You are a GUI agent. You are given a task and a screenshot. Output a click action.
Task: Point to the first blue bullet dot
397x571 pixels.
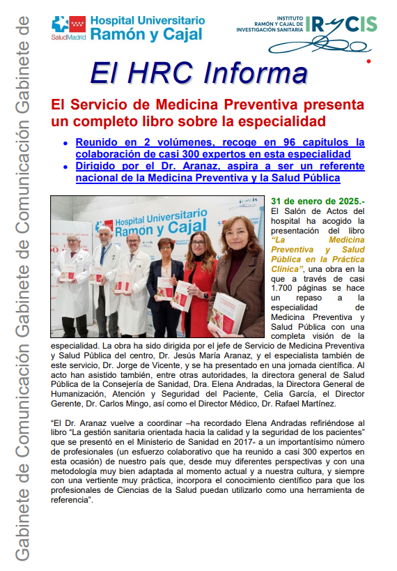tap(65, 143)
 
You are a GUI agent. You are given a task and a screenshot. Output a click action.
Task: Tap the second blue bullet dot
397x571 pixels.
tap(65, 167)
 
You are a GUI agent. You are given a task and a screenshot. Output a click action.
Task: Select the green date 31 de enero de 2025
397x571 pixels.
tap(317, 200)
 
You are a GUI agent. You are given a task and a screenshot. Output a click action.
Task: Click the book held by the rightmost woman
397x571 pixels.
tap(228, 312)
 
